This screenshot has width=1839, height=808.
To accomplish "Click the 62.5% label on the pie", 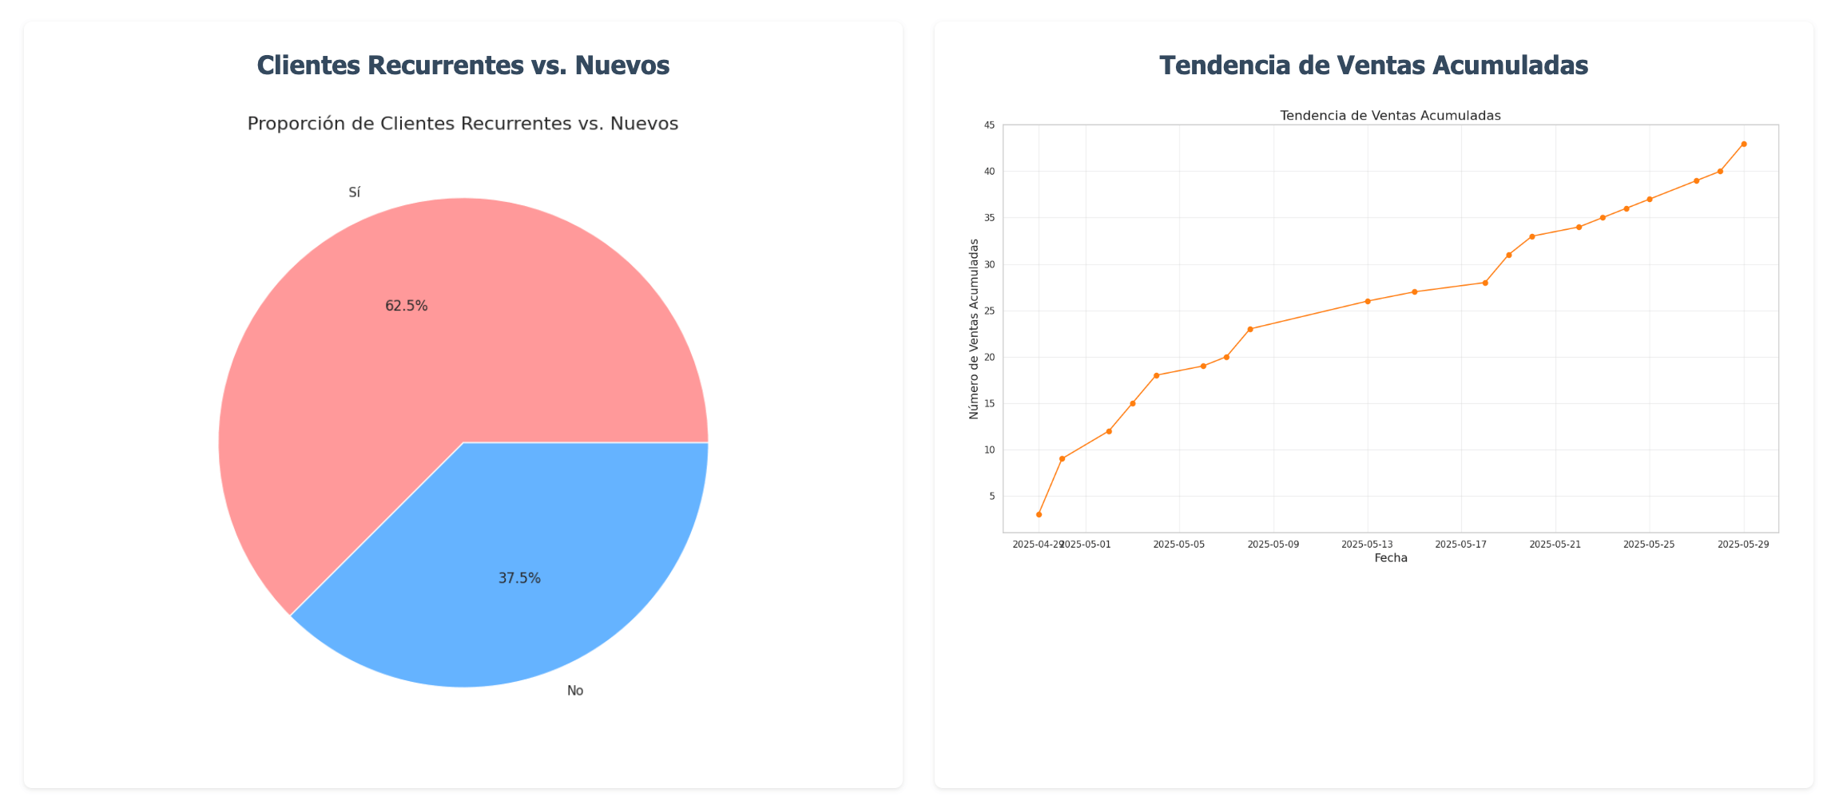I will tap(406, 306).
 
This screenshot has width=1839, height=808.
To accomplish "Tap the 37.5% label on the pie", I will tap(519, 578).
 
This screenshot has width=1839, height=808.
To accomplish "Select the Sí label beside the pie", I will tap(354, 192).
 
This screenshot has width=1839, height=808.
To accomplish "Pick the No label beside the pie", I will tap(575, 691).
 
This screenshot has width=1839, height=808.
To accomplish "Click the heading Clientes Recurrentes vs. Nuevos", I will tap(463, 65).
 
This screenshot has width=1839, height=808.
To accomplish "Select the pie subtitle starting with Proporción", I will tap(463, 124).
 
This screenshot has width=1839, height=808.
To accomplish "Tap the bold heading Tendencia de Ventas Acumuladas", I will tap(1373, 65).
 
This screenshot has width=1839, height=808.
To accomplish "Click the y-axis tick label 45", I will tap(989, 125).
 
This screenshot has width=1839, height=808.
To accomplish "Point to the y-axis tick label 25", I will tap(989, 311).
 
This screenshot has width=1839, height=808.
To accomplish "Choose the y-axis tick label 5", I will tap(991, 496).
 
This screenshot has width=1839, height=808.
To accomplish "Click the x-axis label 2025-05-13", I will tap(1367, 545).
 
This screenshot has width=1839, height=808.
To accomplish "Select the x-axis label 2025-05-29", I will tap(1743, 545).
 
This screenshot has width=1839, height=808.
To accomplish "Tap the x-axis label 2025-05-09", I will tap(1273, 545).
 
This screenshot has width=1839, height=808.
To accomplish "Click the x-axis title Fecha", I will tap(1391, 558).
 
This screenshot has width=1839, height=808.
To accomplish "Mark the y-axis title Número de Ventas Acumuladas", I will tap(974, 328).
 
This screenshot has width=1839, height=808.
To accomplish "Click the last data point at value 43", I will tap(1744, 144).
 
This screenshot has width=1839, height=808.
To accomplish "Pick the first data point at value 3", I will tap(1039, 514).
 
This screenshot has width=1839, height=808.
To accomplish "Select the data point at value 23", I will tap(1250, 329).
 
